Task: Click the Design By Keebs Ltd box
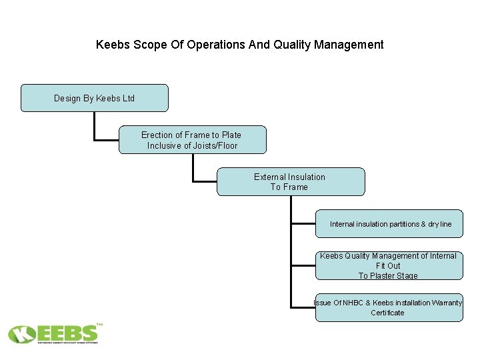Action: pos(94,98)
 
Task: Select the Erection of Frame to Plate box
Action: pos(192,140)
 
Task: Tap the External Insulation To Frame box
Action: pos(290,181)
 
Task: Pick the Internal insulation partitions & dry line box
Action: pos(390,224)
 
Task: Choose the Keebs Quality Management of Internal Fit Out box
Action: pos(389,265)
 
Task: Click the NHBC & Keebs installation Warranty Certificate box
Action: pos(389,307)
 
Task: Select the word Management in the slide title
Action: pos(350,45)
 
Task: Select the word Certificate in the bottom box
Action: pos(387,313)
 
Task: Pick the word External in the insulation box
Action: pos(270,177)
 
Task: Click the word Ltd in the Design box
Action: pos(127,99)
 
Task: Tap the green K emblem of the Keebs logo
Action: pos(22,333)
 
